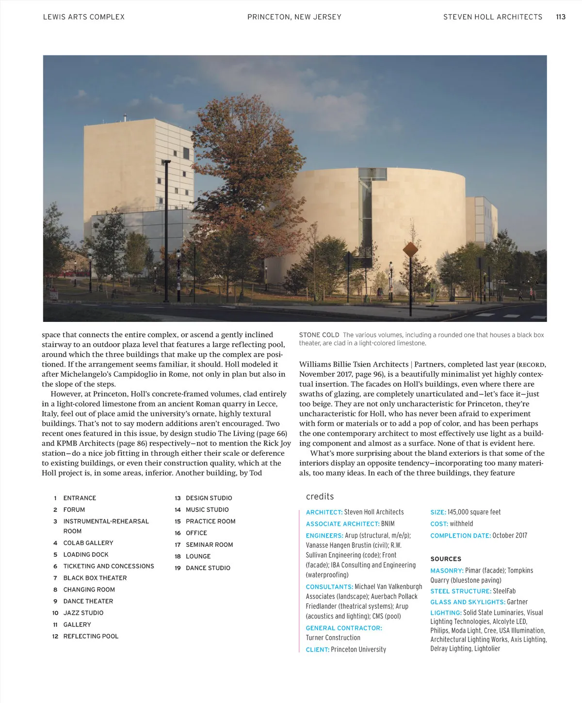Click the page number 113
pyautogui.click(x=561, y=17)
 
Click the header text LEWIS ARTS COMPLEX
pyautogui.click(x=84, y=17)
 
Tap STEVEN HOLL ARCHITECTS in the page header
pyautogui.click(x=493, y=17)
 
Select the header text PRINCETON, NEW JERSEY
pyautogui.click(x=294, y=17)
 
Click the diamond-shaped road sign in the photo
pyautogui.click(x=410, y=250)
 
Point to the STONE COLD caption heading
pyautogui.click(x=319, y=335)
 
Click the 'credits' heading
pyautogui.click(x=320, y=496)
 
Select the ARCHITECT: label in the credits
pyautogui.click(x=324, y=512)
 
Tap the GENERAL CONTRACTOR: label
pyautogui.click(x=344, y=628)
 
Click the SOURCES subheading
pyautogui.click(x=446, y=559)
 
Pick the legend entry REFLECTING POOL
pyautogui.click(x=91, y=636)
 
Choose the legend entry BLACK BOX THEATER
pyautogui.click(x=95, y=578)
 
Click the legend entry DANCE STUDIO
pyautogui.click(x=208, y=568)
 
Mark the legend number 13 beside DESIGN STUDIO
pyautogui.click(x=178, y=498)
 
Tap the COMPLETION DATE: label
pyautogui.click(x=460, y=536)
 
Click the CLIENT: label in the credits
pyautogui.click(x=317, y=650)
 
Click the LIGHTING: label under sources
pyautogui.click(x=446, y=613)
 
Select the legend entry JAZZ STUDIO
pyautogui.click(x=83, y=613)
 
